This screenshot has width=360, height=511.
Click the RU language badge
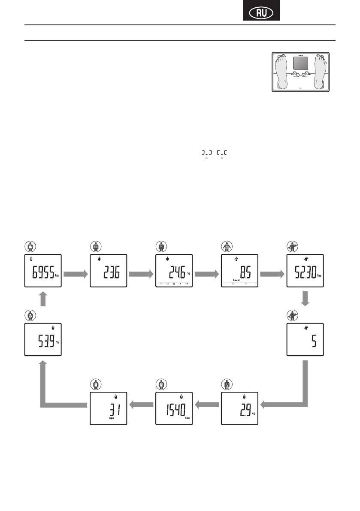click(261, 13)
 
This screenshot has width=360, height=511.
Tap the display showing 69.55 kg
click(42, 270)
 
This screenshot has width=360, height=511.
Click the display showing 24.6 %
click(174, 270)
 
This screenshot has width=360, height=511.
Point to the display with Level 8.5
click(239, 270)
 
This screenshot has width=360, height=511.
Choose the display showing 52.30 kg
click(305, 270)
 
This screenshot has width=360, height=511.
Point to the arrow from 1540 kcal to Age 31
click(141, 403)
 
